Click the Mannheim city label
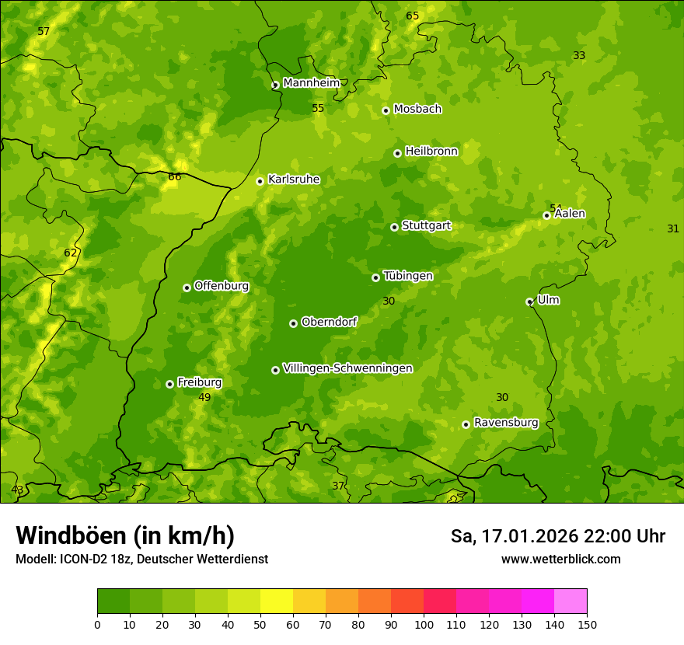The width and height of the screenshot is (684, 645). click(x=311, y=83)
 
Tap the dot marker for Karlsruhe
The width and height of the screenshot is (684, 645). click(x=260, y=181)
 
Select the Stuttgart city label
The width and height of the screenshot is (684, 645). click(x=426, y=226)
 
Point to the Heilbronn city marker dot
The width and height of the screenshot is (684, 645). click(x=397, y=153)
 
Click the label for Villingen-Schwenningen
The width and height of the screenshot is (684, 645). click(x=347, y=368)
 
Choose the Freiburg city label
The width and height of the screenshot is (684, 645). click(x=199, y=382)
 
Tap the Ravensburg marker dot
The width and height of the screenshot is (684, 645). click(x=466, y=424)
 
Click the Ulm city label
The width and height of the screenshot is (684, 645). click(x=548, y=300)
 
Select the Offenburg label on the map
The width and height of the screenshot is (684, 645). click(x=222, y=286)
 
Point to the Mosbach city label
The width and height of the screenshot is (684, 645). click(x=417, y=110)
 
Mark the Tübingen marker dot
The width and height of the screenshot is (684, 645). click(x=375, y=277)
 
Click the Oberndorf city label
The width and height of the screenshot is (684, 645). click(x=329, y=322)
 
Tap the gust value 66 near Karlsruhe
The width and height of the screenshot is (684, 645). click(x=175, y=177)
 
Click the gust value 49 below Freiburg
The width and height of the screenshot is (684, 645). click(x=204, y=398)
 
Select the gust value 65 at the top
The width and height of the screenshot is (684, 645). click(x=413, y=16)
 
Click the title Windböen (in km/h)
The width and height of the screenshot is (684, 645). click(x=125, y=535)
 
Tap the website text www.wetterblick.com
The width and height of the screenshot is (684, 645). click(x=560, y=559)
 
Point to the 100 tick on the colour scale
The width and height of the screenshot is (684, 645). click(x=424, y=624)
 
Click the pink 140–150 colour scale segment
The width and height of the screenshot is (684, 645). click(x=571, y=601)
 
